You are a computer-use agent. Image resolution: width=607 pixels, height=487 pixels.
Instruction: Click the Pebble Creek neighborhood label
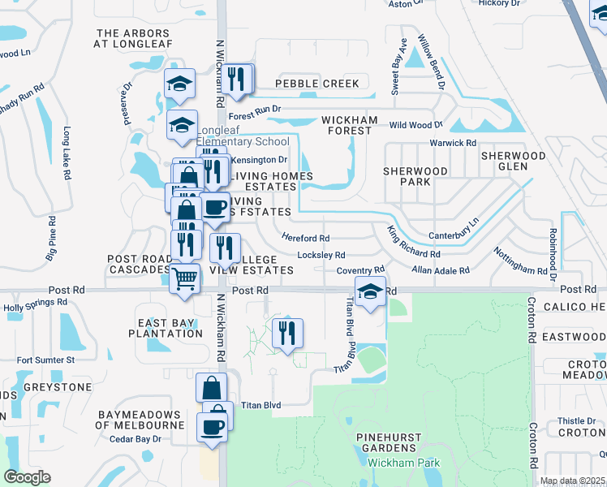(316, 84)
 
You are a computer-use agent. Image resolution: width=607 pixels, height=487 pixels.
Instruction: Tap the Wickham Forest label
(350, 127)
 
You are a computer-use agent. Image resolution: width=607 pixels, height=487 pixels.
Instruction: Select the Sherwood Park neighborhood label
(415, 176)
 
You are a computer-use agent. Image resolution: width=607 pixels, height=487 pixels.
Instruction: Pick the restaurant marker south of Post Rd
(286, 333)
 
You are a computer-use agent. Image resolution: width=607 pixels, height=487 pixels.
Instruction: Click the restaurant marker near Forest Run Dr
(236, 79)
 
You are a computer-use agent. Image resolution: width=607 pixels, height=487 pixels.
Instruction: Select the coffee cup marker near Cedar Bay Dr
(212, 426)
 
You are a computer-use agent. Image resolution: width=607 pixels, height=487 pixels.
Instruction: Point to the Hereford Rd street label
(305, 238)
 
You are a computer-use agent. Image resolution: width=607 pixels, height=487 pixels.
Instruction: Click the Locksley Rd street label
(321, 255)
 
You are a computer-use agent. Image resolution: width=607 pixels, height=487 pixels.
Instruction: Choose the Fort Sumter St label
(45, 360)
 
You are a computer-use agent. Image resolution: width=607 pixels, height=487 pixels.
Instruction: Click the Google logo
(27, 477)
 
